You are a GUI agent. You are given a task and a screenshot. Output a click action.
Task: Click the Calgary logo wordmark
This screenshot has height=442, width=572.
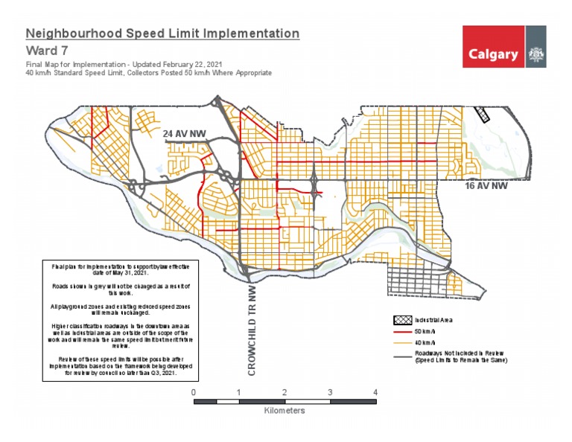coord(493,54)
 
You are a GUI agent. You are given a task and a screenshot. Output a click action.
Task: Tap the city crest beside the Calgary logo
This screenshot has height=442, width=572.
coord(535,54)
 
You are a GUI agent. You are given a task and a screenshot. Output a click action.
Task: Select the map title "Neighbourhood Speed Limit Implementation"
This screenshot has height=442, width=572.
coord(162,33)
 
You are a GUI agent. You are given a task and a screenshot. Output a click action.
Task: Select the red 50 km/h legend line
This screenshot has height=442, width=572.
coord(403,330)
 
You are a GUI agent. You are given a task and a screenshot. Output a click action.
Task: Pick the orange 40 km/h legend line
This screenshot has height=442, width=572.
coord(403,342)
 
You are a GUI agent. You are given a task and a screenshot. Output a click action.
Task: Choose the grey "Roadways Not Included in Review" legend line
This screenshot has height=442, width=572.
coord(403,356)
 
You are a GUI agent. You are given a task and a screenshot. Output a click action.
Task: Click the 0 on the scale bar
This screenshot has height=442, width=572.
coord(194,392)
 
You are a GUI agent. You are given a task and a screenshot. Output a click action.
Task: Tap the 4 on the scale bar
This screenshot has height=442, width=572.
coord(375,392)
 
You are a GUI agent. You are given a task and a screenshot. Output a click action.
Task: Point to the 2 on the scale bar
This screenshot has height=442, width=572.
coord(285,392)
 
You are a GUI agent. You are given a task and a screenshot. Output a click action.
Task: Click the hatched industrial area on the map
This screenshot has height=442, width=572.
coord(483,114)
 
